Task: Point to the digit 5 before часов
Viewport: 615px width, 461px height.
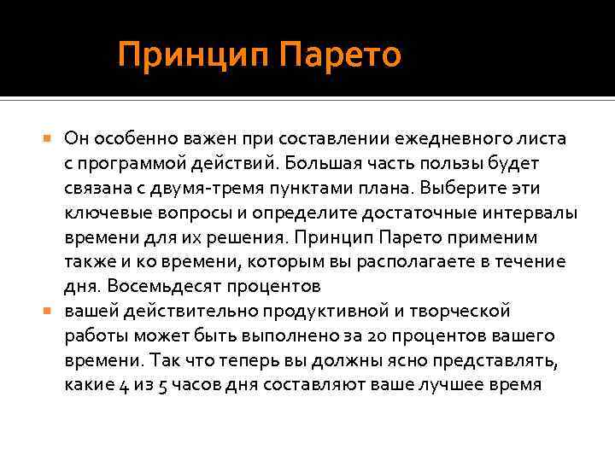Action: coord(163,385)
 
